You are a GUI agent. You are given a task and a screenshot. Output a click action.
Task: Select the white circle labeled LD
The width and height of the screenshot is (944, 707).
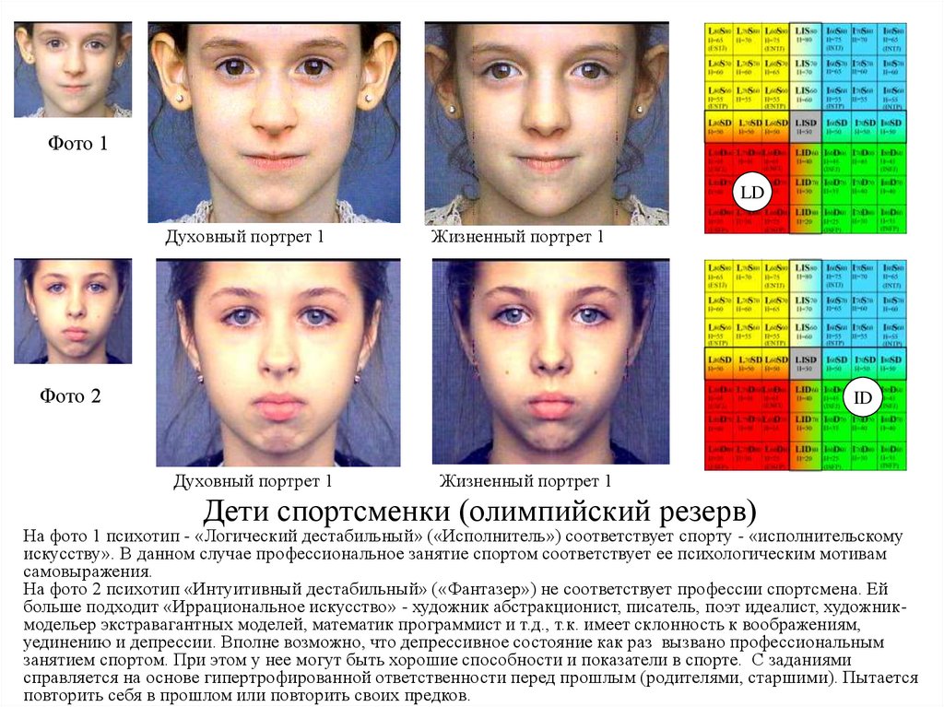pos(753,193)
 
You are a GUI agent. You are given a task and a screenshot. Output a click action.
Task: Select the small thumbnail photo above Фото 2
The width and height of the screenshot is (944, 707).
pos(73,311)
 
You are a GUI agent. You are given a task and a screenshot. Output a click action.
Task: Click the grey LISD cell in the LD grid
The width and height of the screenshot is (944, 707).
pos(806,128)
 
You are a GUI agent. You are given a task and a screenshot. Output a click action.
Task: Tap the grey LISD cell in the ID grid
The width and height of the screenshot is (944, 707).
pos(806,362)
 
